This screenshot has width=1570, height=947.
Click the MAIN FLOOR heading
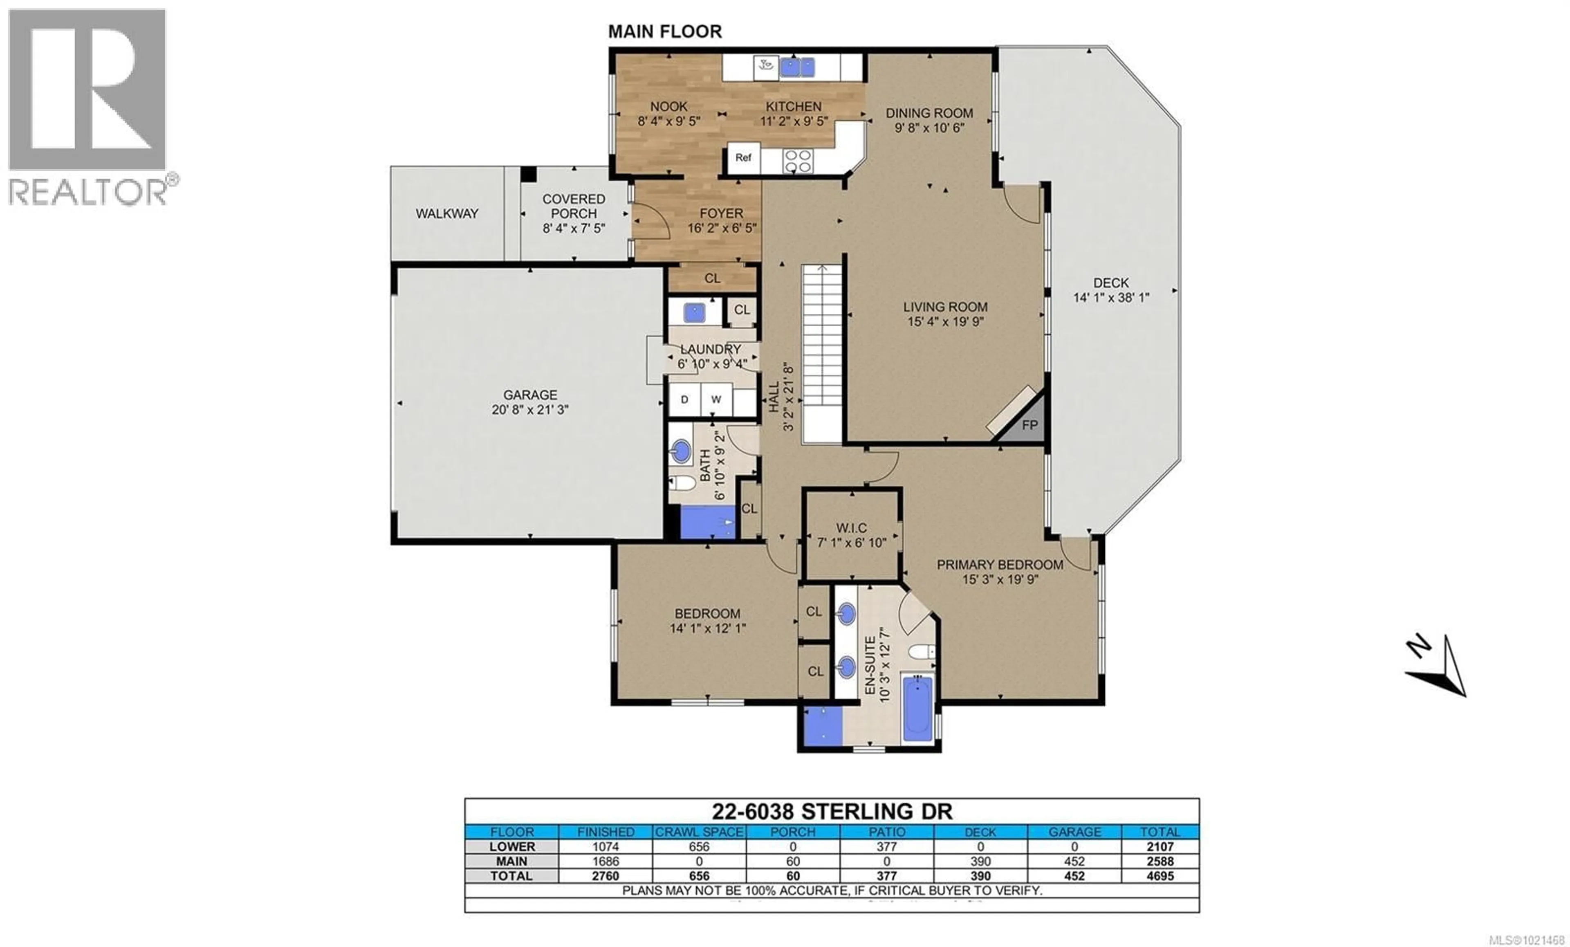point(664,31)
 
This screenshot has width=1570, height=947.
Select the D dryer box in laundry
point(684,399)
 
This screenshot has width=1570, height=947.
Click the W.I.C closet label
point(851,527)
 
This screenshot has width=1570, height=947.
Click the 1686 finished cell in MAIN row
point(606,861)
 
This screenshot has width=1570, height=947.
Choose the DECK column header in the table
point(980,832)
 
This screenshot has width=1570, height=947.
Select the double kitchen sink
point(797,67)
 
